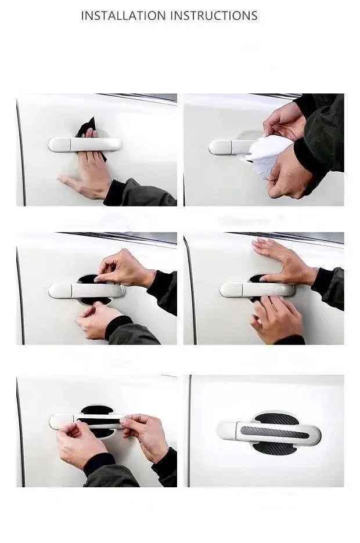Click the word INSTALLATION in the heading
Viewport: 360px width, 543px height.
[x=123, y=16]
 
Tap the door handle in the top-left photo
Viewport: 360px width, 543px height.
[x=85, y=144]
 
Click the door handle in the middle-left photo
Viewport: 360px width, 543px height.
[x=87, y=291]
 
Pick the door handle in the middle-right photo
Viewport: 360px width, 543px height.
[x=257, y=289]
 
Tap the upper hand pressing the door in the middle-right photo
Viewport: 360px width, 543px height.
[x=283, y=260]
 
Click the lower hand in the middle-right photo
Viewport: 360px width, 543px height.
[x=276, y=319]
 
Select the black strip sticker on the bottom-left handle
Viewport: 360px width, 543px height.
[x=100, y=421]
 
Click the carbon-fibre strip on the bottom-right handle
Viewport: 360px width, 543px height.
[x=275, y=433]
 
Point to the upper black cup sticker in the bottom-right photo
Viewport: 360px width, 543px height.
[x=276, y=419]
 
